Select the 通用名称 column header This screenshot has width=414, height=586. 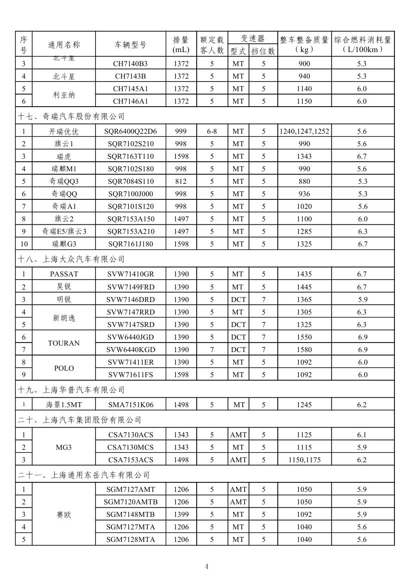[x=64, y=45]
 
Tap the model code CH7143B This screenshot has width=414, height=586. [x=130, y=76]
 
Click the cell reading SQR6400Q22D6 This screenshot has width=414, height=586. [x=130, y=131]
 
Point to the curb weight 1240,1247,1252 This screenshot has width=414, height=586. [x=304, y=131]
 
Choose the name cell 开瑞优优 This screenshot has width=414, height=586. [x=64, y=132]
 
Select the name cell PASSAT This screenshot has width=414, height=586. [x=64, y=274]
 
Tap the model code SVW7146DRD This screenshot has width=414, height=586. [x=130, y=300]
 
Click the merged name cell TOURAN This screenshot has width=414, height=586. [x=64, y=343]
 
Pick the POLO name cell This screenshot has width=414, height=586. [x=64, y=368]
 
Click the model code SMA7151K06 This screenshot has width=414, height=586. [x=130, y=405]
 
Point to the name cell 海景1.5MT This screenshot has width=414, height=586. [x=64, y=405]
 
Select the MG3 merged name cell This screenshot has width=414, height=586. [x=64, y=447]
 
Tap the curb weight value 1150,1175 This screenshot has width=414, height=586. [x=304, y=460]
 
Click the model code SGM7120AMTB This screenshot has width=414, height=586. [x=130, y=502]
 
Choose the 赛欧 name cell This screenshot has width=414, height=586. [x=64, y=514]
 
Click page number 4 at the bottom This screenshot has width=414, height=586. [x=207, y=566]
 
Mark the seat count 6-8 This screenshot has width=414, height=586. [x=212, y=131]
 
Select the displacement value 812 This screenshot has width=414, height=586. [x=181, y=181]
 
